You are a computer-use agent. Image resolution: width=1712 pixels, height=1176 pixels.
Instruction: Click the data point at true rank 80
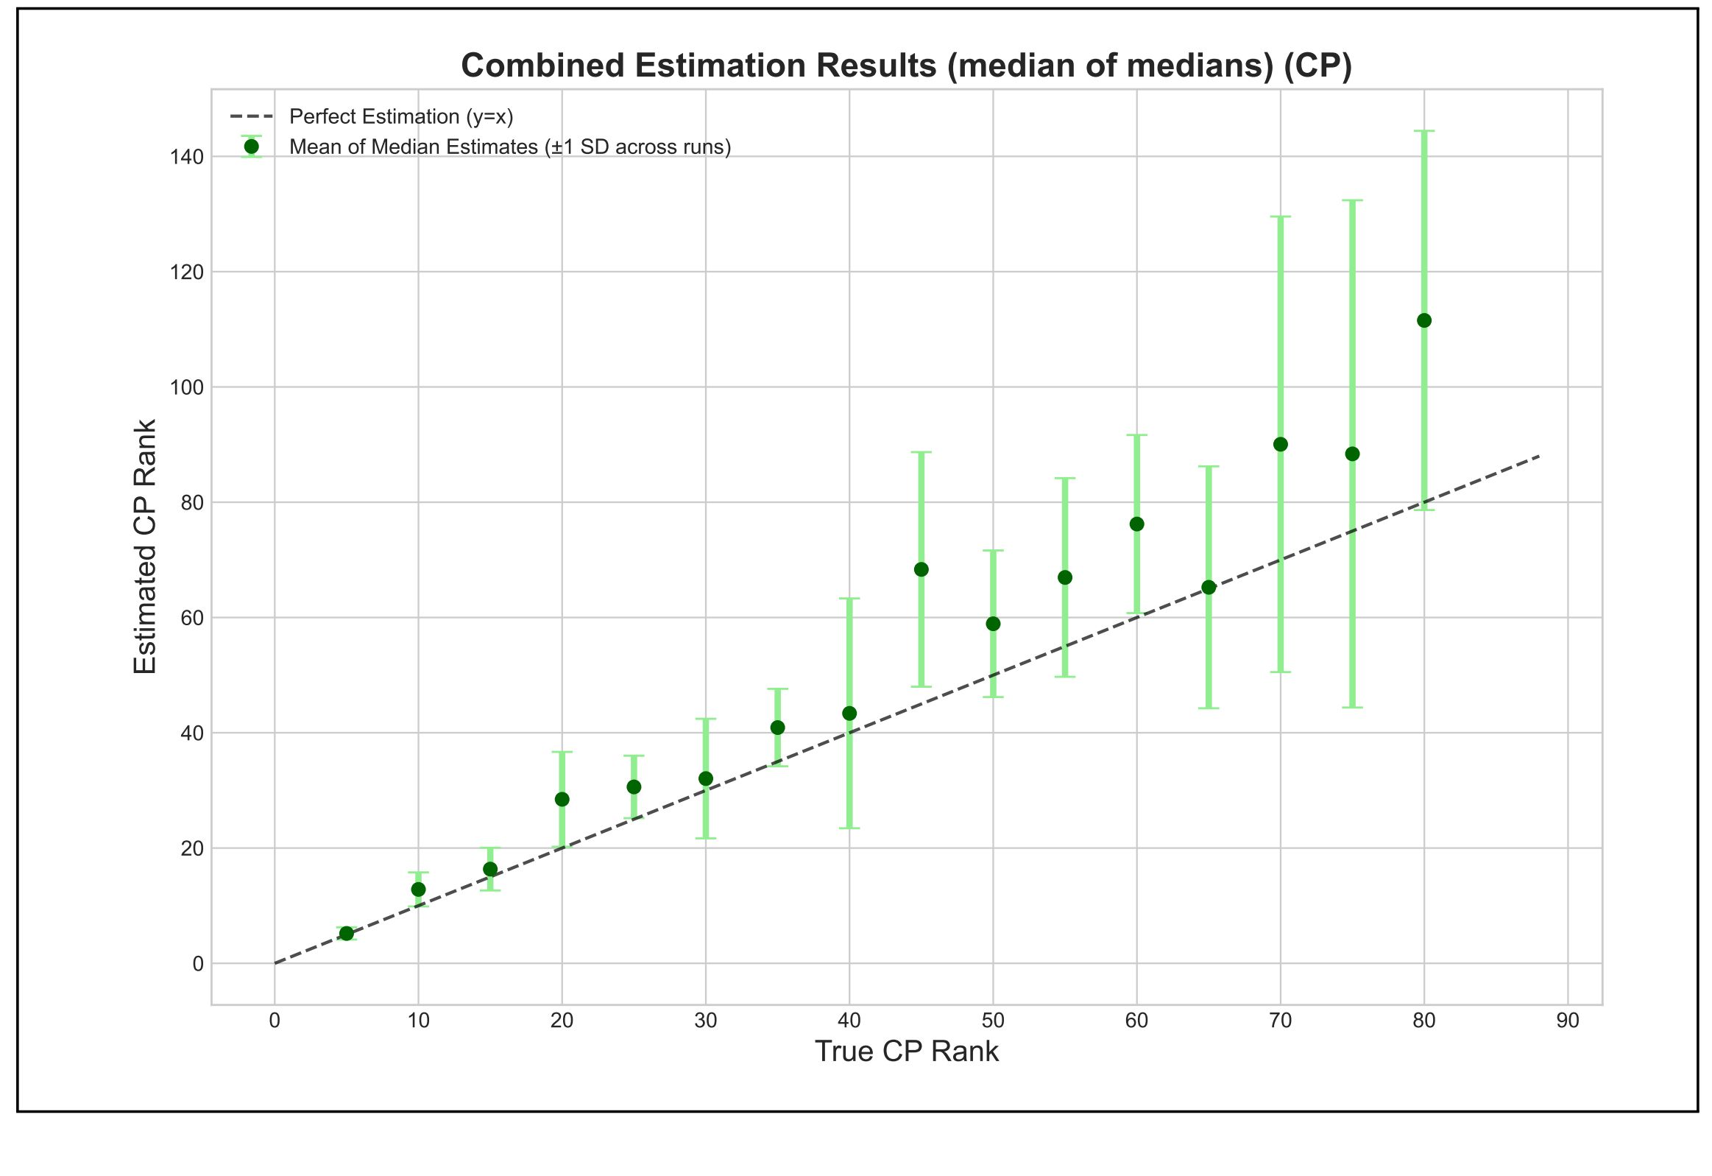pos(1424,320)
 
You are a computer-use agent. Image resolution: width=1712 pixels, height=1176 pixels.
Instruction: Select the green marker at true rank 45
pos(921,569)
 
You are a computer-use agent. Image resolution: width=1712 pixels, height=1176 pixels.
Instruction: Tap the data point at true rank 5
pos(346,934)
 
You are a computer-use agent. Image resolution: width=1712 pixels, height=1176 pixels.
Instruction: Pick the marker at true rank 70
pos(1280,444)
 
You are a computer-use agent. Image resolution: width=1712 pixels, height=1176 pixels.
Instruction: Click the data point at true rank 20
pos(562,800)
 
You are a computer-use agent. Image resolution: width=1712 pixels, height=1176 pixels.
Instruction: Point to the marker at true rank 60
pos(1136,524)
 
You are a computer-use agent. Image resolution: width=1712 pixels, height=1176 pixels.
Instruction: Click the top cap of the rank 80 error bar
pos(1424,131)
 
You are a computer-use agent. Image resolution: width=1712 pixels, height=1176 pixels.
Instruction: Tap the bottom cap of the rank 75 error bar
pos(1353,708)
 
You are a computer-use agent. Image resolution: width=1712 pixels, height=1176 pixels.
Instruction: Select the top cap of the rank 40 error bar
pos(849,599)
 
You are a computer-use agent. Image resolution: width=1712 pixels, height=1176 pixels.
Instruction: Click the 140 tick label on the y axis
pos(186,157)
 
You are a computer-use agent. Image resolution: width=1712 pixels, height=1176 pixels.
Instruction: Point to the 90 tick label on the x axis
pos(1568,1021)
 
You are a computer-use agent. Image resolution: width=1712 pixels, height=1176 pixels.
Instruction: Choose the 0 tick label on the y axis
pos(197,964)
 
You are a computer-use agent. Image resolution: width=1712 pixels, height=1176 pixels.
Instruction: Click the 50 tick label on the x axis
pos(993,1021)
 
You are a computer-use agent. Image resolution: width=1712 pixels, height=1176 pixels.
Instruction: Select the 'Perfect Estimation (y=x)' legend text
pos(400,116)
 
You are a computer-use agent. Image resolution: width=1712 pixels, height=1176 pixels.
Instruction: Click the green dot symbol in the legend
pos(251,147)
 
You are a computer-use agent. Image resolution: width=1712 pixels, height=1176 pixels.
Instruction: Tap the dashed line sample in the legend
pos(251,116)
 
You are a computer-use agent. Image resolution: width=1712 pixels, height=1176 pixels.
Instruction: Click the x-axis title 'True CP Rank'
pos(906,1052)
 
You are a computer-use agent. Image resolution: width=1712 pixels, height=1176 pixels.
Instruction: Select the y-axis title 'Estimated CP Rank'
pos(145,546)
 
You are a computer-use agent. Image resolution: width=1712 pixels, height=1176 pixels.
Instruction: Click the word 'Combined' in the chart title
pos(542,66)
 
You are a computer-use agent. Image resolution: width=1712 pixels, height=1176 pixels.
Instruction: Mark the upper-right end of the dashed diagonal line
pos(1539,456)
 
